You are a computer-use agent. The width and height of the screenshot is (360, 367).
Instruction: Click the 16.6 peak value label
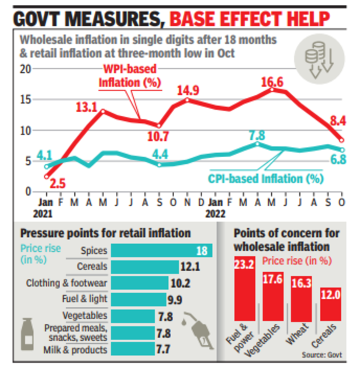click(273, 82)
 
